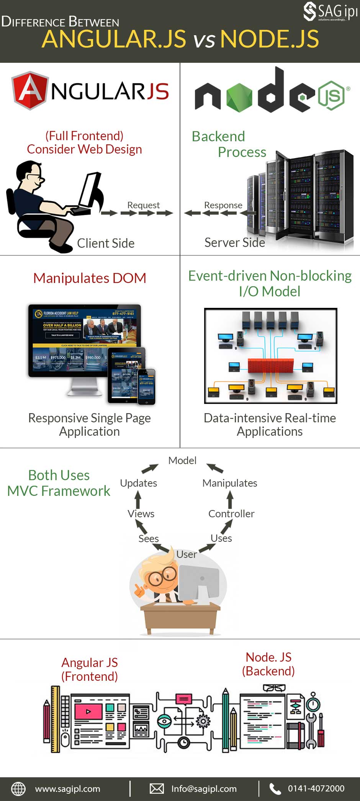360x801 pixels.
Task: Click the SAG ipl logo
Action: click(x=330, y=11)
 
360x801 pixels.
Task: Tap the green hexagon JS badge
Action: click(x=331, y=95)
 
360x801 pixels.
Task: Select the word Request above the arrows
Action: click(x=143, y=205)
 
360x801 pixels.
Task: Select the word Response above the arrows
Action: click(x=223, y=205)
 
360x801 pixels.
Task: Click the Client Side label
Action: click(x=106, y=243)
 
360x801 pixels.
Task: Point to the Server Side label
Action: click(x=234, y=242)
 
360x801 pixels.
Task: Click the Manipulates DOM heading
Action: click(x=90, y=278)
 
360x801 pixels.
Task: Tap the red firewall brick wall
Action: click(x=270, y=366)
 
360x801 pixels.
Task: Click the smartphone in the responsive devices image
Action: click(x=147, y=386)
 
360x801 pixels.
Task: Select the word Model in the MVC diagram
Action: click(x=182, y=460)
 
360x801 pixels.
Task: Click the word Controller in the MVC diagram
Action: click(x=231, y=514)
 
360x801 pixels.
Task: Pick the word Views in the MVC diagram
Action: click(x=141, y=514)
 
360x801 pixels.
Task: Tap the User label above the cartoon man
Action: click(x=187, y=554)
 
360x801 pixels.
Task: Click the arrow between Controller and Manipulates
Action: click(x=230, y=499)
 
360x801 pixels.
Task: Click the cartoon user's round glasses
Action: click(x=162, y=576)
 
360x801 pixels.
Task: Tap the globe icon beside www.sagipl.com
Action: click(x=18, y=789)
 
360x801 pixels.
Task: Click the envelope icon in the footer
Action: click(x=157, y=789)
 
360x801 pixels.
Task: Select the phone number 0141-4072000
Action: click(x=316, y=789)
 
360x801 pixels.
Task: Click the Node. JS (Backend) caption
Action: click(x=268, y=664)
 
